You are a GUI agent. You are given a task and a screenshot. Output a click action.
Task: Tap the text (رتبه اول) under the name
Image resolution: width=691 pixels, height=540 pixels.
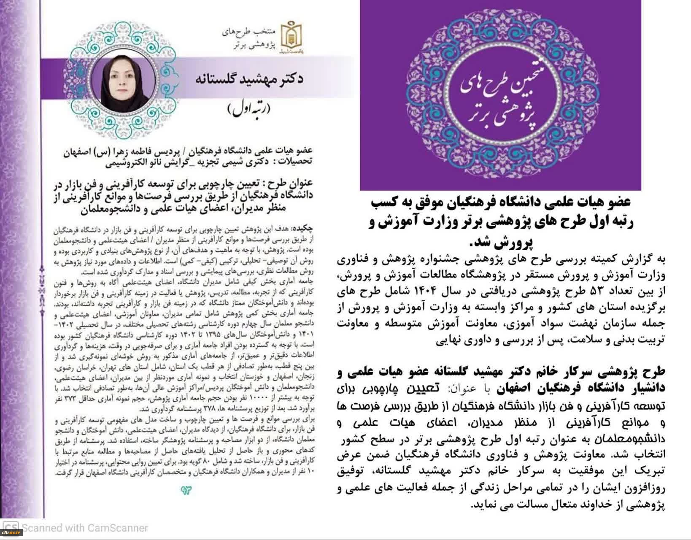pos(249,108)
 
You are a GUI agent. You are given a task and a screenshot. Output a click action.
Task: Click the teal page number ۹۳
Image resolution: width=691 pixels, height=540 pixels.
pos(186,490)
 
